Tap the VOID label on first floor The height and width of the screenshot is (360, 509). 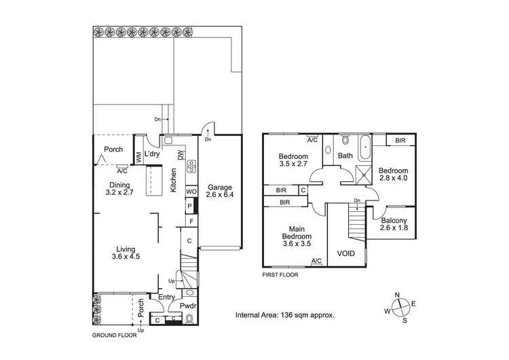tap(347, 254)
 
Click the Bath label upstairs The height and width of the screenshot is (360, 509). tap(345, 156)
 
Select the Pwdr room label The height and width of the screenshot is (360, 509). tap(188, 306)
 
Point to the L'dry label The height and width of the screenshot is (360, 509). tap(152, 154)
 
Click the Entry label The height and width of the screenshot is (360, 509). tap(166, 297)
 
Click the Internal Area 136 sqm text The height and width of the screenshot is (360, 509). tap(284, 315)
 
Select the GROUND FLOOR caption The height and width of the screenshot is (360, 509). tap(114, 335)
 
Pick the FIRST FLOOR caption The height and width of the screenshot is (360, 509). tap(280, 275)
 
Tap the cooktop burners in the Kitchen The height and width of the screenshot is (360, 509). tap(192, 166)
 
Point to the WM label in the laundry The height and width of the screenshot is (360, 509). tap(138, 157)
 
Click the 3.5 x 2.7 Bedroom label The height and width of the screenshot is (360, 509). tap(294, 160)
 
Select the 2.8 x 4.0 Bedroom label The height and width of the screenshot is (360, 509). tap(394, 175)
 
